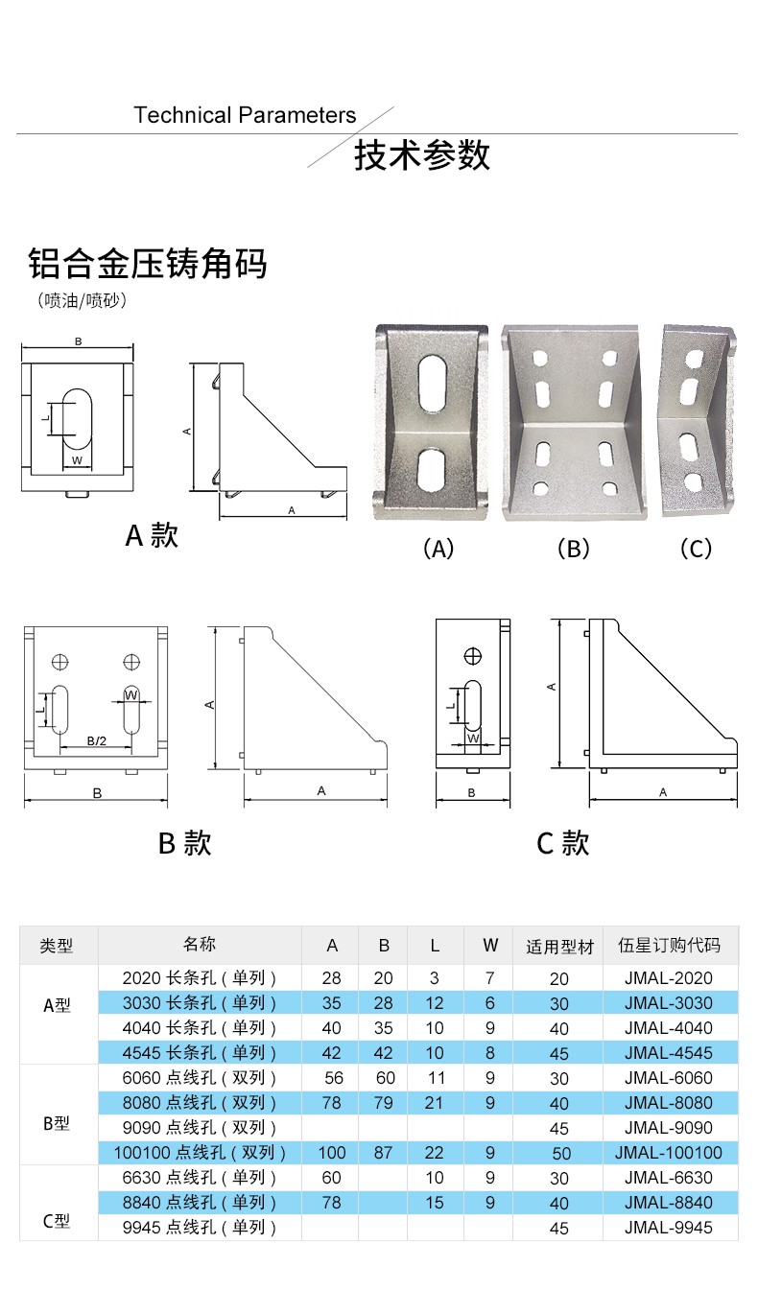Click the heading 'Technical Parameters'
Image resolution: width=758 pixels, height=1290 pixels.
[x=245, y=116]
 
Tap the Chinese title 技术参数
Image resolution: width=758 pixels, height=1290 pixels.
[x=422, y=155]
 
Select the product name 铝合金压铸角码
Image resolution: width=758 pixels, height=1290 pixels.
[x=147, y=263]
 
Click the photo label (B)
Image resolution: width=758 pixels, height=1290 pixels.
[x=573, y=549]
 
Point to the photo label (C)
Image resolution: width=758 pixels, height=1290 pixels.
[x=695, y=549]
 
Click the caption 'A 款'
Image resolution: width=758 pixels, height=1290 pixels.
[x=152, y=534]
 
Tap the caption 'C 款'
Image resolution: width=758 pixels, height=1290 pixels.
[x=562, y=843]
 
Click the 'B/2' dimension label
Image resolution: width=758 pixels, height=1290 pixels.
[x=96, y=740]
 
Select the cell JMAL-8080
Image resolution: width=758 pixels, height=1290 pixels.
[x=668, y=1103]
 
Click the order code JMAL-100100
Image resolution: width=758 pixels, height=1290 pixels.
[x=668, y=1153]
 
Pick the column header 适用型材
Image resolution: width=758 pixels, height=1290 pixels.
[x=559, y=947]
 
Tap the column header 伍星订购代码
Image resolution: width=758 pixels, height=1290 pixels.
[x=669, y=946]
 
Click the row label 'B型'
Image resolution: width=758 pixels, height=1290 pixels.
[x=58, y=1122]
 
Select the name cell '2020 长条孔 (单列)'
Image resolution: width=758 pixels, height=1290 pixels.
[x=200, y=978]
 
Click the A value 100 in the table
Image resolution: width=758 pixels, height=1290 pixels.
[x=331, y=1153]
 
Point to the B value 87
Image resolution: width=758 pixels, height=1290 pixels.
[x=384, y=1153]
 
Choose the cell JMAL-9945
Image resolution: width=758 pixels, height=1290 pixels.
[x=668, y=1227]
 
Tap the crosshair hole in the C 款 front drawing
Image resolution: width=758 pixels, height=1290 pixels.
[x=472, y=656]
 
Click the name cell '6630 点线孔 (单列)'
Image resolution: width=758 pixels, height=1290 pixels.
[x=200, y=1178]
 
